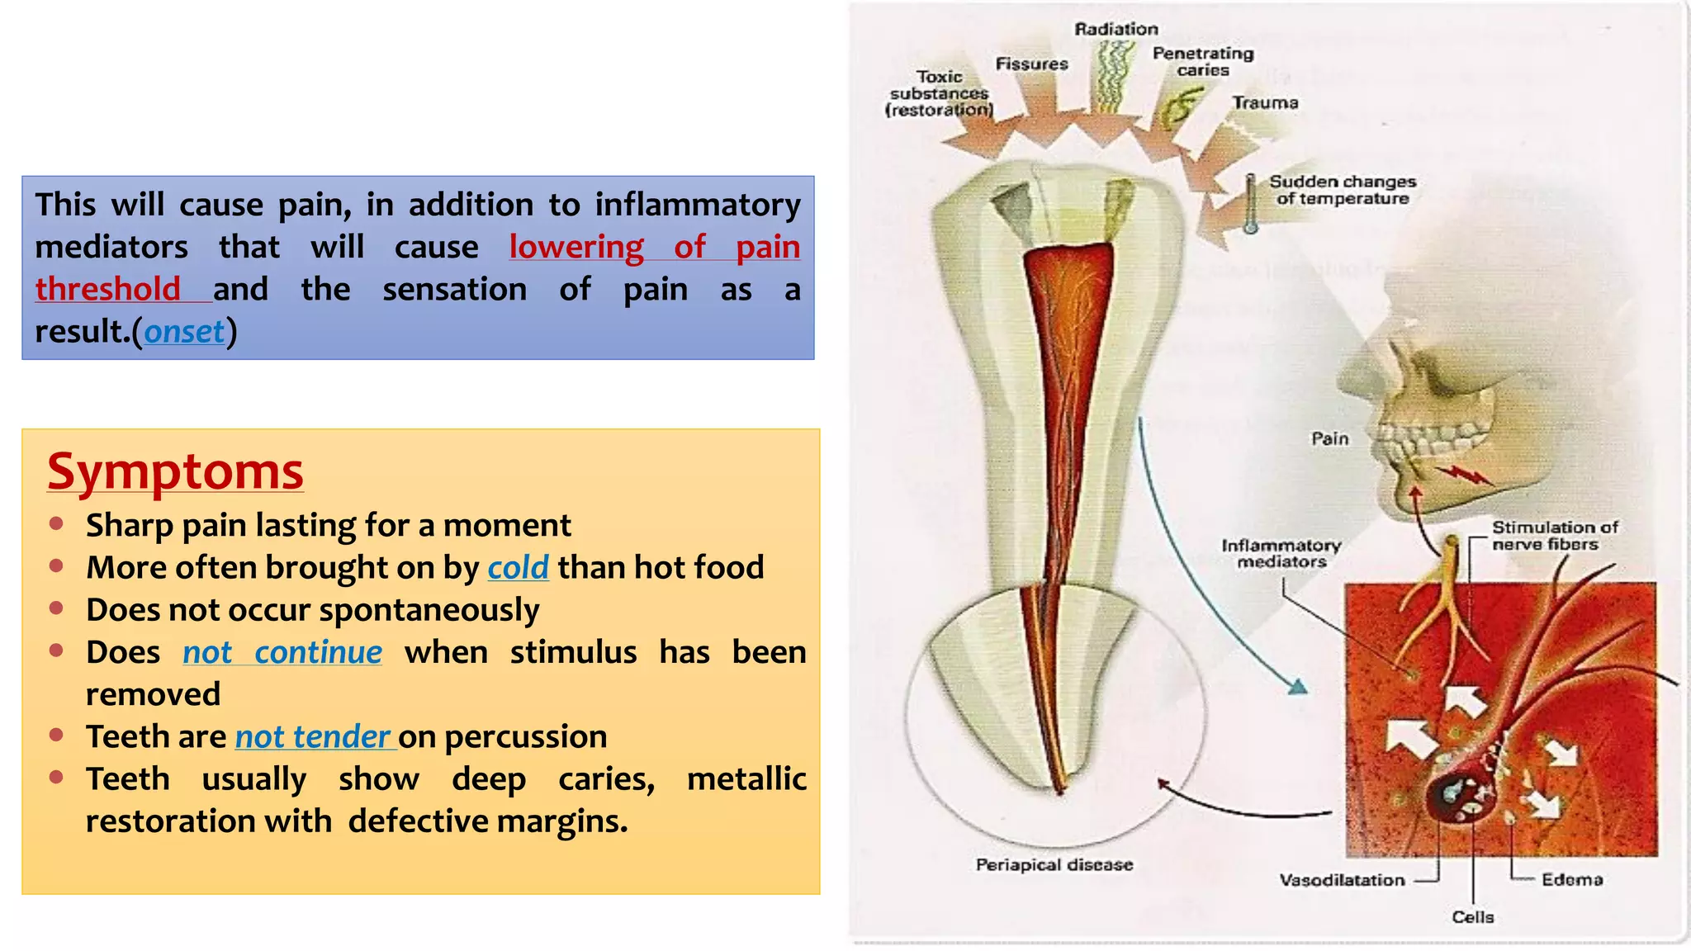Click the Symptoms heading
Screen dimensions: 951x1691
coord(175,472)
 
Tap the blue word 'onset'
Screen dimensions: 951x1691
coord(184,332)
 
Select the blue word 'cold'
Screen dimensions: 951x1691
coord(518,568)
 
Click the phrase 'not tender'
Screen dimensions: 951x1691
coord(313,736)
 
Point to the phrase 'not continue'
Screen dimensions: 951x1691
coord(282,652)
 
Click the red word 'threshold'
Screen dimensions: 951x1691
coord(107,290)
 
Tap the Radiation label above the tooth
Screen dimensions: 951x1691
coord(1116,29)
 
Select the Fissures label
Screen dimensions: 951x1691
coord(1031,64)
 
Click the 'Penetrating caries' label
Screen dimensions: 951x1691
coord(1203,62)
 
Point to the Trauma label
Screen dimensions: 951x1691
coord(1265,103)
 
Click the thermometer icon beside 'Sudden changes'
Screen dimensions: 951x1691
coord(1251,204)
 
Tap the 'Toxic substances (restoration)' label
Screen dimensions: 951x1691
coord(940,93)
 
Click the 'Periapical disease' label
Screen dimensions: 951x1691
coord(1054,864)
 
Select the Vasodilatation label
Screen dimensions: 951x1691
coord(1342,880)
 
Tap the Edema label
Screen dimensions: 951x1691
coord(1572,880)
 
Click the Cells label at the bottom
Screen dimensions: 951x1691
coord(1473,917)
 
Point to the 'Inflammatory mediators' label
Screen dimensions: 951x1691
coord(1281,553)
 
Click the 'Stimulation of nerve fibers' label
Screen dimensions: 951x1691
coord(1554,535)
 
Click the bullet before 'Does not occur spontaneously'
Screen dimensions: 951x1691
coord(56,608)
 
